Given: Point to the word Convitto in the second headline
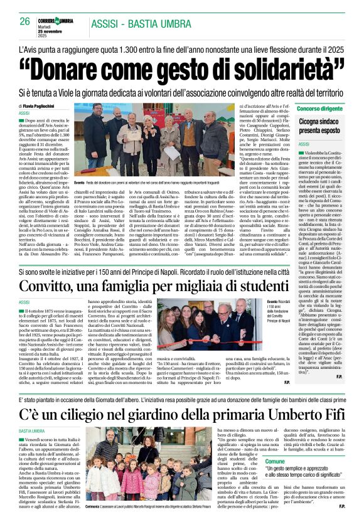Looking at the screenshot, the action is click(x=62, y=285).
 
